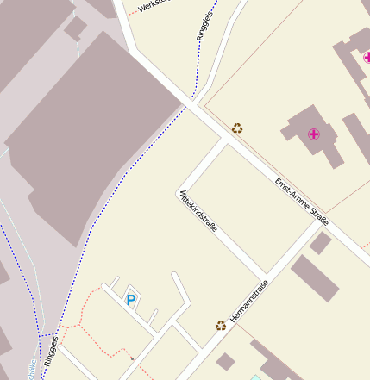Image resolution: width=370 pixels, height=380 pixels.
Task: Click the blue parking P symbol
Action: [x=131, y=300]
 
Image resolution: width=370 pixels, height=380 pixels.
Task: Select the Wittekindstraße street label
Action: [x=198, y=212]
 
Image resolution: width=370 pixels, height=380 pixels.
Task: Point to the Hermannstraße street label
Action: [x=250, y=302]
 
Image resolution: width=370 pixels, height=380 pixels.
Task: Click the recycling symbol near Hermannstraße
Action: [x=221, y=326]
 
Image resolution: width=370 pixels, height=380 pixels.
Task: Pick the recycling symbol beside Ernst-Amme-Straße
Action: [x=237, y=128]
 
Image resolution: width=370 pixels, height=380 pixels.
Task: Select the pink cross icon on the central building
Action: [x=314, y=134]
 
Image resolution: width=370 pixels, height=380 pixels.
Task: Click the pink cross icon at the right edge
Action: [x=366, y=58]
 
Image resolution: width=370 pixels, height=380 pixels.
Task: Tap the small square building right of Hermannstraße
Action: [x=321, y=243]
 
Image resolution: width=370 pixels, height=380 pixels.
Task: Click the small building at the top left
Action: [x=75, y=28]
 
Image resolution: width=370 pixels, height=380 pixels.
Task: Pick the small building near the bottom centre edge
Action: [x=225, y=361]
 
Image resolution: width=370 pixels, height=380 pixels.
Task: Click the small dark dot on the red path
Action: [x=132, y=358]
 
